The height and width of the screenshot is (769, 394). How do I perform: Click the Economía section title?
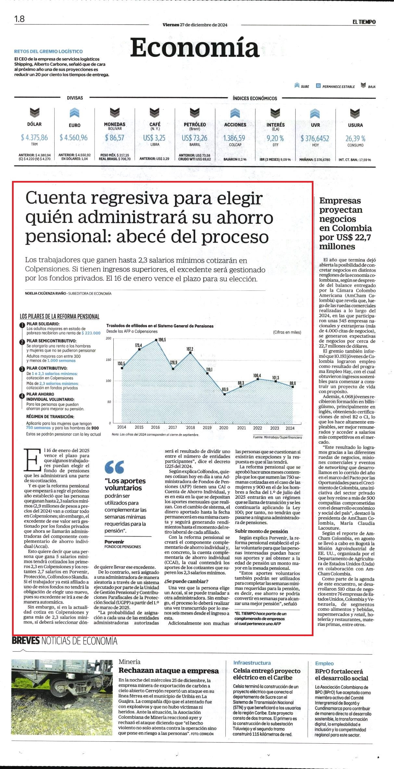coord(195,48)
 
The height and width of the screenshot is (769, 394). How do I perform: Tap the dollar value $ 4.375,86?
coord(34,138)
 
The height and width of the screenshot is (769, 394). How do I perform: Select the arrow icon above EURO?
coord(74,113)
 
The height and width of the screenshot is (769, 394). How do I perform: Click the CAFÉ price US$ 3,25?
coord(155,138)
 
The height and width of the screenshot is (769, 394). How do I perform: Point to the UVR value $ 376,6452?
coord(315,138)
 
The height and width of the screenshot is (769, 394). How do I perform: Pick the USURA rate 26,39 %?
coord(355,138)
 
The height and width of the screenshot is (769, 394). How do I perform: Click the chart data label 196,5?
coord(162,340)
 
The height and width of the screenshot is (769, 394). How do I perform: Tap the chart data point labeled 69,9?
coord(224,394)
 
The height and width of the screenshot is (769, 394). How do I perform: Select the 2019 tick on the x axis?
coord(207,428)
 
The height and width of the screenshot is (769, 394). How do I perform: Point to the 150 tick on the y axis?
coord(108,360)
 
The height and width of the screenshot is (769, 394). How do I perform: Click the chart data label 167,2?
coord(190,349)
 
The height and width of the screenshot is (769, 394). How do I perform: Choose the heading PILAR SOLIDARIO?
coord(43,324)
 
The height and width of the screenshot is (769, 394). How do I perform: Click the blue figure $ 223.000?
coord(91,333)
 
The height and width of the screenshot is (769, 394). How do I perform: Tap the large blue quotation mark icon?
coord(114,467)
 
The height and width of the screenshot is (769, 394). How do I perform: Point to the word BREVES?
coord(26,641)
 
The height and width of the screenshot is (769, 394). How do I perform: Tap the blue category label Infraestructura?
coord(252,663)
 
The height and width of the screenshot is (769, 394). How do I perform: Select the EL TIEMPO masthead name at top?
coord(364,22)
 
